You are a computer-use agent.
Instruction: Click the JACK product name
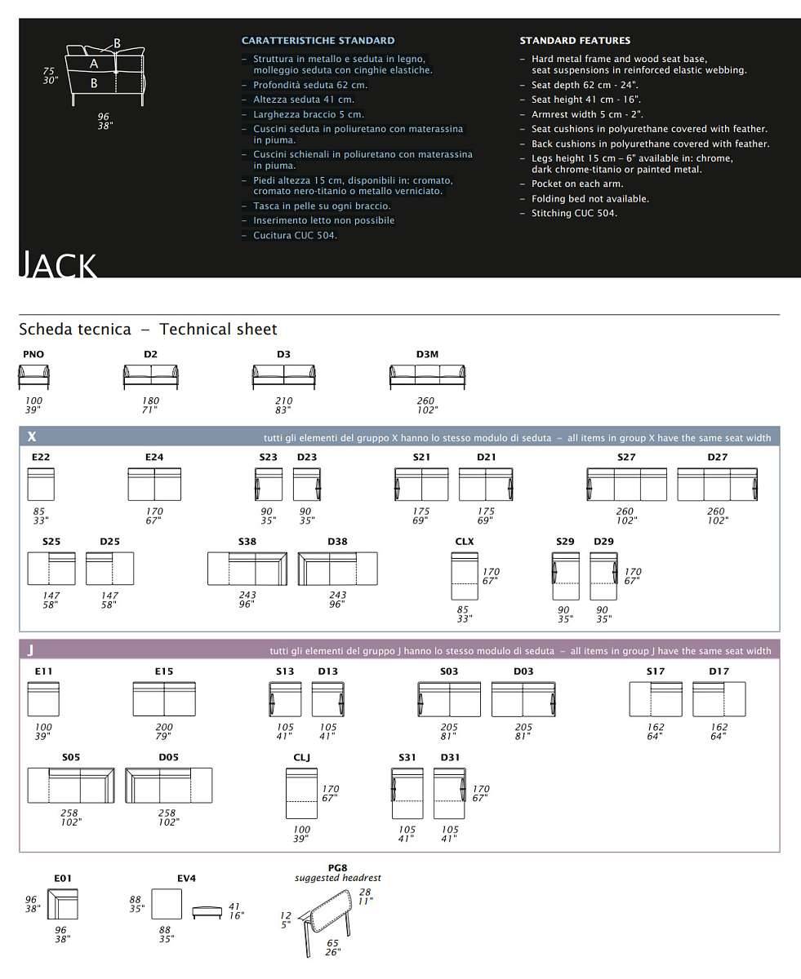click(x=59, y=266)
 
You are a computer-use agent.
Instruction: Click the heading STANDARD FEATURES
click(x=575, y=40)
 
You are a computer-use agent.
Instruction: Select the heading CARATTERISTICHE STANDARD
click(x=318, y=40)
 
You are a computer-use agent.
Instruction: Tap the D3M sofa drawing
click(x=427, y=376)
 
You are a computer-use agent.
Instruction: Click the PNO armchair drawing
click(x=33, y=377)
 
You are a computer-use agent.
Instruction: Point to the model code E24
click(x=154, y=457)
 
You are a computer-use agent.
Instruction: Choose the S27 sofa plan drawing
click(x=626, y=485)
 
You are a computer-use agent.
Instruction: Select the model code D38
click(x=337, y=542)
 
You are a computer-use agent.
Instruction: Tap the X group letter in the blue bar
click(x=32, y=437)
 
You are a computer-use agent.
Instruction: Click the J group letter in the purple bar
click(x=30, y=650)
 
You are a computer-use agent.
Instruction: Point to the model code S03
click(x=449, y=671)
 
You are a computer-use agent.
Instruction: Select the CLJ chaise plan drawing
click(x=300, y=793)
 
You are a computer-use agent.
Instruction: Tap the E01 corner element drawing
click(x=62, y=904)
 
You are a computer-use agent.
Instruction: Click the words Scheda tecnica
click(x=74, y=330)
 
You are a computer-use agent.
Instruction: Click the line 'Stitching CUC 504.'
click(x=574, y=213)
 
